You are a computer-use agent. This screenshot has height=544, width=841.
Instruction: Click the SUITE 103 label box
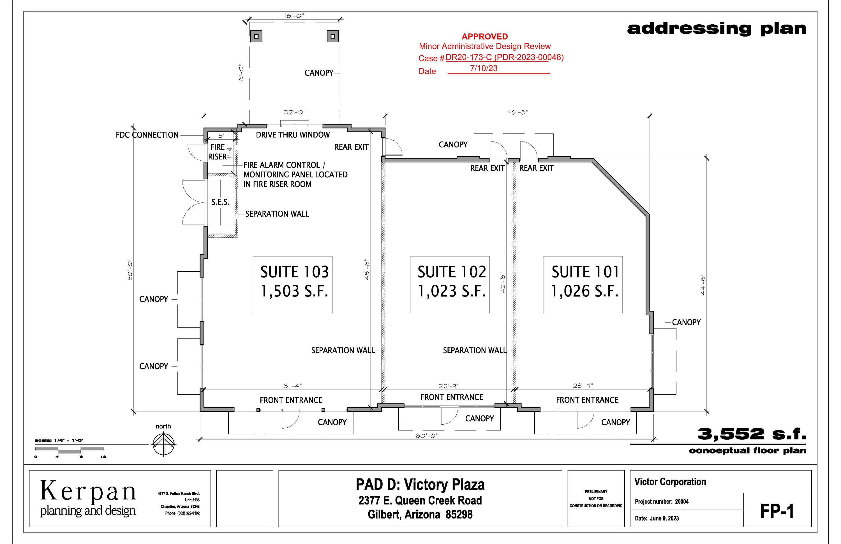[x=293, y=285]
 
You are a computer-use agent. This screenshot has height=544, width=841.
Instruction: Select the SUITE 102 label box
[x=450, y=285]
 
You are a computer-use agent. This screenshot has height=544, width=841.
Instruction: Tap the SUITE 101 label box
[x=583, y=285]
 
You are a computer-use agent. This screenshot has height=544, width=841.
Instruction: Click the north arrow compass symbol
[x=164, y=444]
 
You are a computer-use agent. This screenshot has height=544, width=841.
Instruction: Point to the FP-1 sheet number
[x=777, y=511]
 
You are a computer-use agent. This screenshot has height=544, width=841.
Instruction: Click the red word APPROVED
[x=485, y=36]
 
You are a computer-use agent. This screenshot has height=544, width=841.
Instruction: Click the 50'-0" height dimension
[x=130, y=270]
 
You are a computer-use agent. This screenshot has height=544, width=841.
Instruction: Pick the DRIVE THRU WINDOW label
[x=293, y=135]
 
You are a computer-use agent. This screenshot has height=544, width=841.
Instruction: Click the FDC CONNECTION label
[x=147, y=135]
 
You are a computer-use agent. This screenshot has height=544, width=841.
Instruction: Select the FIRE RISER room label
[x=218, y=152]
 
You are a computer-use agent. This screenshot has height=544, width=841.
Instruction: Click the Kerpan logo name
[x=88, y=491]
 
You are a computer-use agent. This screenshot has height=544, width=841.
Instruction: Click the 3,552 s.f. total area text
[x=752, y=434]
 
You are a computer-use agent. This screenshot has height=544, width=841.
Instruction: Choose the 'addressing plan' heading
[x=717, y=29]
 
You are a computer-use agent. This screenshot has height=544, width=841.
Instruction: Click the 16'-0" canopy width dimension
[x=294, y=16]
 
